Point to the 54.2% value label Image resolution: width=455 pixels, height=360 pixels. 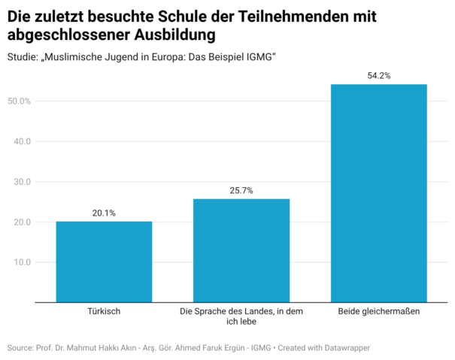pyautogui.click(x=378, y=76)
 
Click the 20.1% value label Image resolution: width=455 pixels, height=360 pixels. pyautogui.click(x=104, y=213)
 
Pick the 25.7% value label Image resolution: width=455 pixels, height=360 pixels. pyautogui.click(x=241, y=190)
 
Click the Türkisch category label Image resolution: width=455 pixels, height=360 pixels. pyautogui.click(x=104, y=310)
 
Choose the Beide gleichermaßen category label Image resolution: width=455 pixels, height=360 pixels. pyautogui.click(x=378, y=310)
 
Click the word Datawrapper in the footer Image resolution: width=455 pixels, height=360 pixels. pyautogui.click(x=347, y=348)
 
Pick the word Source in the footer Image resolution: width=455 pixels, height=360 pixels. pyautogui.click(x=20, y=348)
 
